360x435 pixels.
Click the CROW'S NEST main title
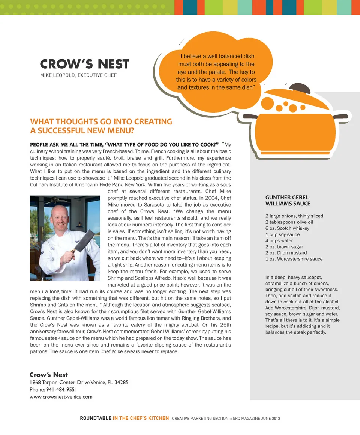coord(84,64)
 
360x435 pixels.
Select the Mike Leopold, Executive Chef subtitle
coord(78,75)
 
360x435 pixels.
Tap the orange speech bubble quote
coord(216,72)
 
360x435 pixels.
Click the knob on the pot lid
coord(303,89)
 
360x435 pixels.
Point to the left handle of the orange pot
coord(250,117)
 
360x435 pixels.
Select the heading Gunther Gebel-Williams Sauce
coord(288,201)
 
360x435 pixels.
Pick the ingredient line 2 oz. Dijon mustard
coord(286,253)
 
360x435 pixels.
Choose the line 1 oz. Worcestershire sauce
coord(294,259)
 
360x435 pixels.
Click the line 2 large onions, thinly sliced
coord(294,216)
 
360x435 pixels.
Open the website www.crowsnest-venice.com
coord(61,396)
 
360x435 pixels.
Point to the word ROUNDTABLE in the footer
coord(95,418)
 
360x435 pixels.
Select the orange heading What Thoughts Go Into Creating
coord(101,122)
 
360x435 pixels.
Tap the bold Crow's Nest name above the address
coord(49,375)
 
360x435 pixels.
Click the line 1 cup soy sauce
coord(282,234)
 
